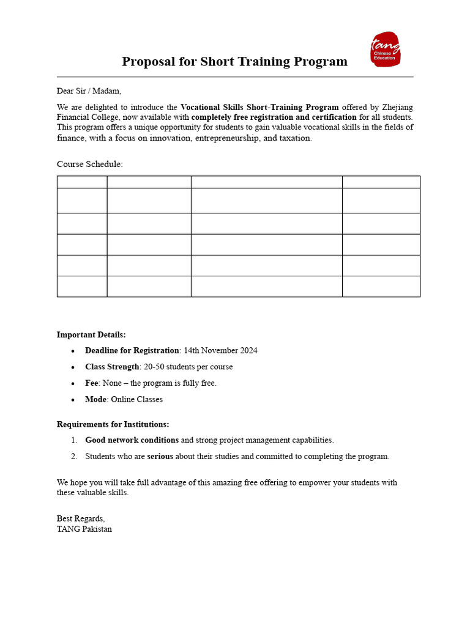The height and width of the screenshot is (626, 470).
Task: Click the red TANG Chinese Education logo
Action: click(x=386, y=50)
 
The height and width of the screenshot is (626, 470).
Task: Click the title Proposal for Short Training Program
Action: click(x=234, y=62)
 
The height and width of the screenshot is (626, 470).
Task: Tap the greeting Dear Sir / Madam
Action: click(x=89, y=91)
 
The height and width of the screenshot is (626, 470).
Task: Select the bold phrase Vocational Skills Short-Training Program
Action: click(x=259, y=107)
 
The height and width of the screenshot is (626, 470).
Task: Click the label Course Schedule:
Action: click(x=90, y=164)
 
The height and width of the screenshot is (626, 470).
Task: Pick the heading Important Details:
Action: click(x=91, y=334)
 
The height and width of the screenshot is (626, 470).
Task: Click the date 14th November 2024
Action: click(x=220, y=350)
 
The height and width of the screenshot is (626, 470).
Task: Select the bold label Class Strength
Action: click(x=112, y=367)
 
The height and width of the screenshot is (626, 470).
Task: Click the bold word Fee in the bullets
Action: click(x=91, y=383)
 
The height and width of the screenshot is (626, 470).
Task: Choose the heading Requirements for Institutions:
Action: click(x=113, y=424)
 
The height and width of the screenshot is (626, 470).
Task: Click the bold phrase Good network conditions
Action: click(x=132, y=440)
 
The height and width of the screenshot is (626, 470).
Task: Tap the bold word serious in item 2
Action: click(x=160, y=456)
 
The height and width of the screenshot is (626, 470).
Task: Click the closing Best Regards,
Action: click(x=81, y=518)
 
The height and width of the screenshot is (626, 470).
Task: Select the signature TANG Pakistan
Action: click(x=84, y=529)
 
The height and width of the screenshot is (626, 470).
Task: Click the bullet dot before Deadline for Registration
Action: click(x=73, y=351)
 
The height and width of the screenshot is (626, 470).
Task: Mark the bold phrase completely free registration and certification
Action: click(x=274, y=117)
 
